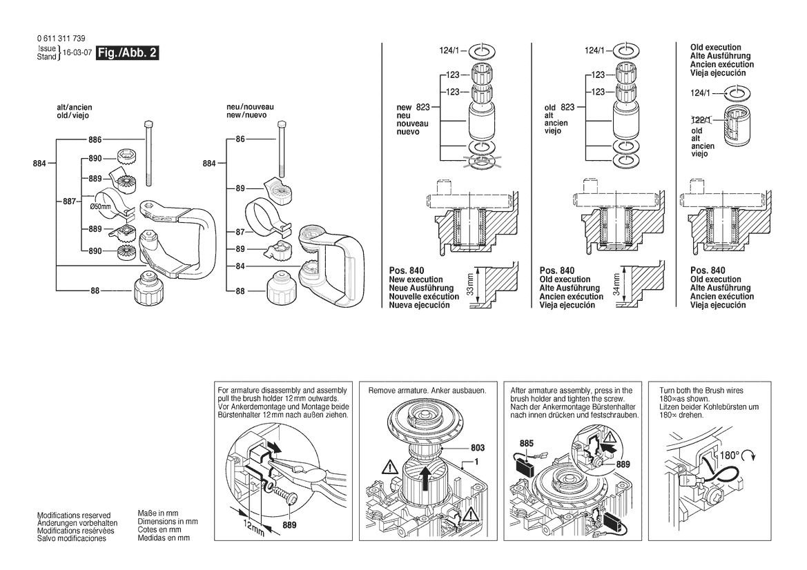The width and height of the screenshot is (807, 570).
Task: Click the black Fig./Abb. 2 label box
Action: click(128, 53)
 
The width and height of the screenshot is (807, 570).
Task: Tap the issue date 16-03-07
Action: click(77, 53)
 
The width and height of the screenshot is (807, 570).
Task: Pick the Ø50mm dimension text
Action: click(100, 206)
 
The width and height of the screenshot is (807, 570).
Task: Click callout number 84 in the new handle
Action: click(240, 266)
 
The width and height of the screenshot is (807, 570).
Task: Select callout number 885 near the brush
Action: click(526, 443)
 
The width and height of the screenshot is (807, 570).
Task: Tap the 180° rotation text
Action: click(730, 456)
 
